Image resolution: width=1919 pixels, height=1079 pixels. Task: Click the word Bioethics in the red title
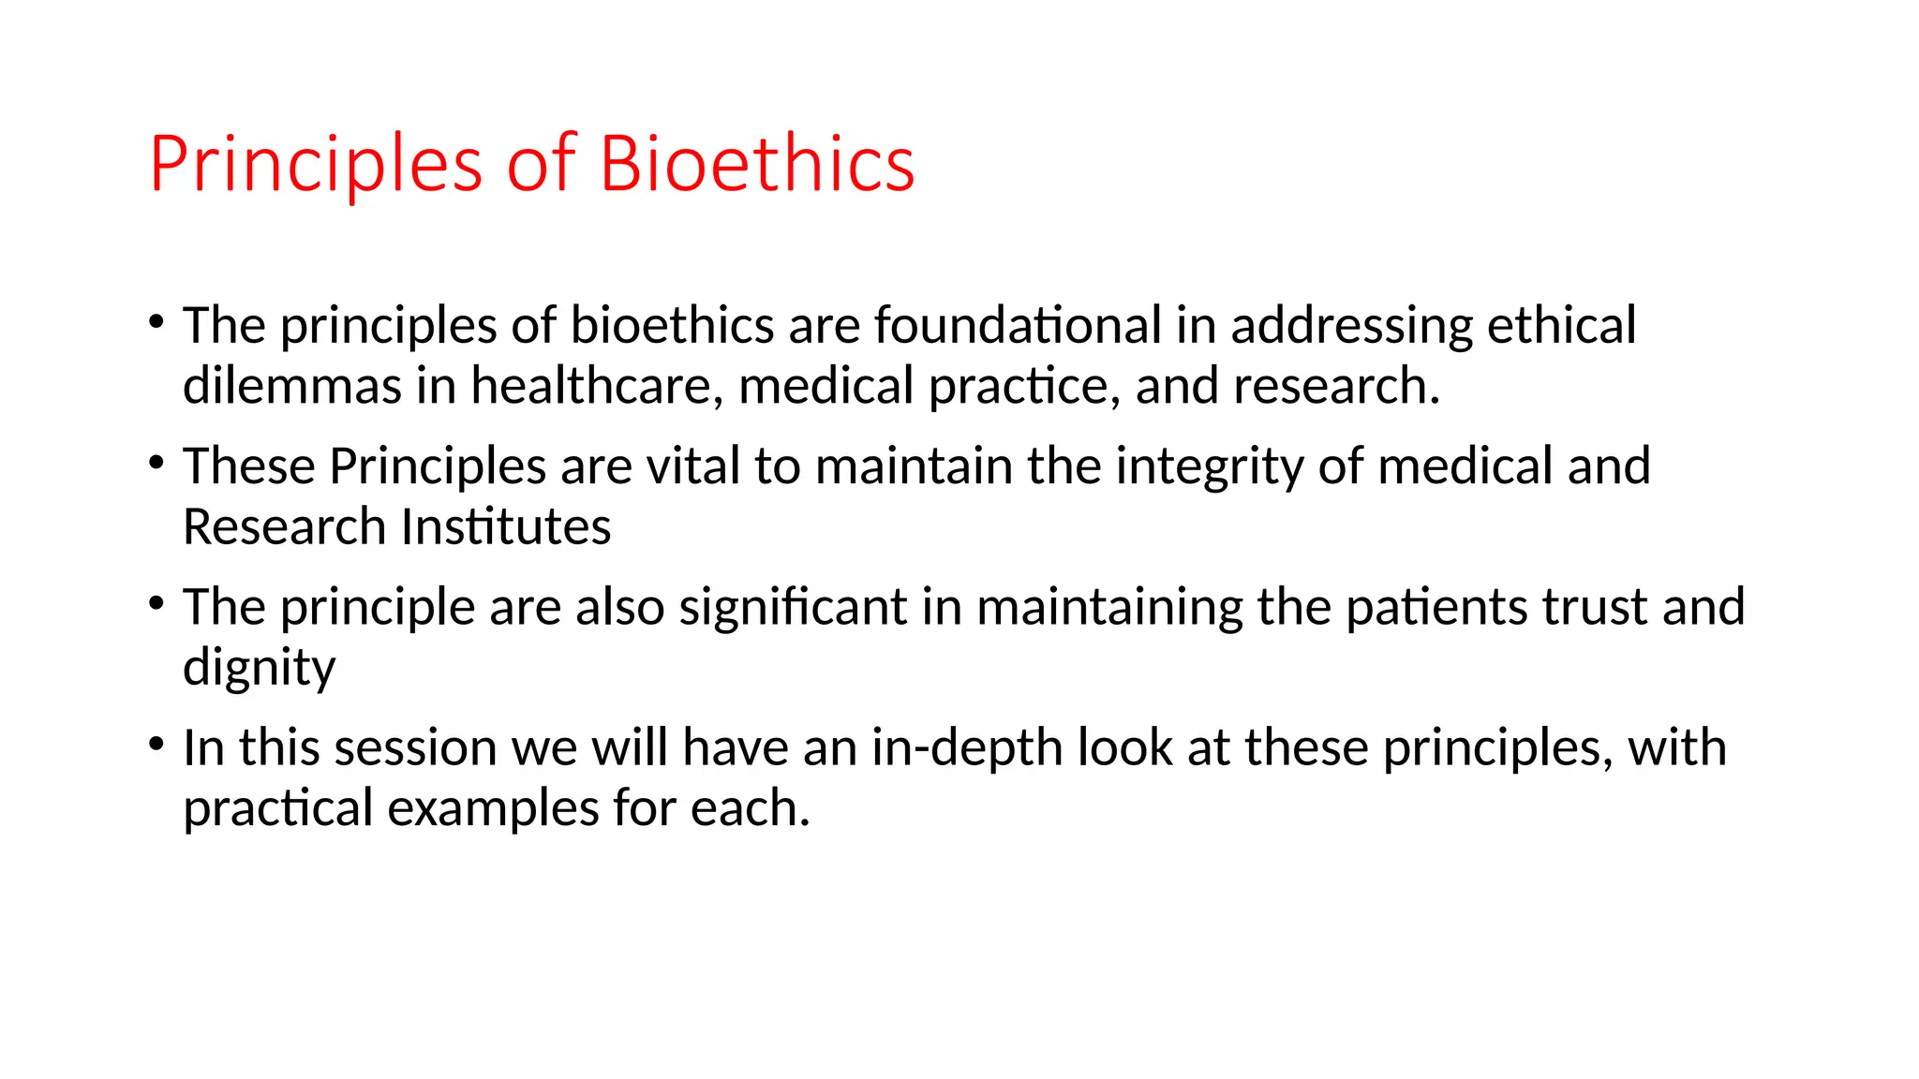756,164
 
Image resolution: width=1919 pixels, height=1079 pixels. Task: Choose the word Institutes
506,526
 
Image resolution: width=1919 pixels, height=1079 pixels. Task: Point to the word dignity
259,669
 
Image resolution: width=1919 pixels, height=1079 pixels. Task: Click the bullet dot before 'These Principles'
156,463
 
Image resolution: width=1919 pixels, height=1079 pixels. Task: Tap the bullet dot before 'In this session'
156,745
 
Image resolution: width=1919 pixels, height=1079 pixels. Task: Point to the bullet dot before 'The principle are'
156,603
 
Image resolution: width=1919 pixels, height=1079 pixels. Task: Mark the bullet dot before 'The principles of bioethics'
156,322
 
